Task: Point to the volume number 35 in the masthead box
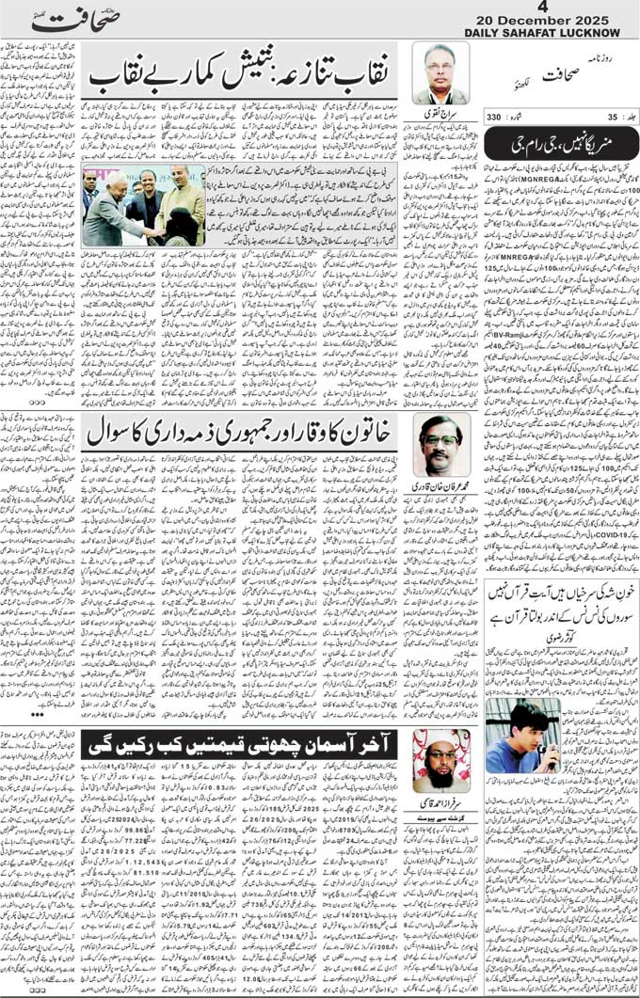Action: (613, 118)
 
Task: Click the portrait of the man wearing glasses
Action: (440, 445)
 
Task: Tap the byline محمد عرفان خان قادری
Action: (441, 485)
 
